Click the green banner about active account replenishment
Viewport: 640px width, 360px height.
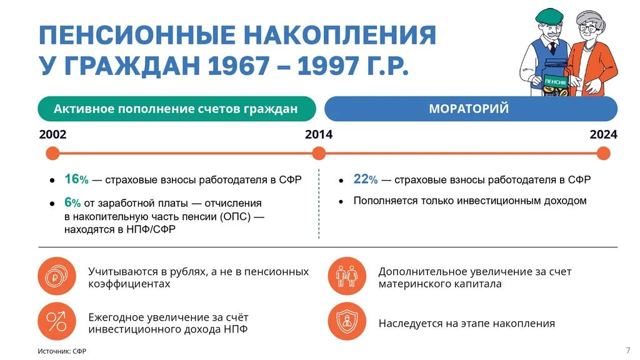click(x=176, y=109)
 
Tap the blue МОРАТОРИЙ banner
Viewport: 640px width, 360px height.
click(x=470, y=109)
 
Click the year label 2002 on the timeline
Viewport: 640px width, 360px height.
click(x=52, y=134)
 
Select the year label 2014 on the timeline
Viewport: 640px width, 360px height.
click(x=319, y=134)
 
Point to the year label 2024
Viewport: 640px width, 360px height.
click(x=603, y=134)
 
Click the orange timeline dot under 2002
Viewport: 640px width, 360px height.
click(x=52, y=153)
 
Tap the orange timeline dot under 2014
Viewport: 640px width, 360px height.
click(x=319, y=153)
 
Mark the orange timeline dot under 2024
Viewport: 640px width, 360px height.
click(x=603, y=153)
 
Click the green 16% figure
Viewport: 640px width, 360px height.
click(x=76, y=179)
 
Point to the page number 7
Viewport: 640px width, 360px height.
click(x=627, y=349)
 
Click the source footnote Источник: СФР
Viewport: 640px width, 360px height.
click(x=62, y=351)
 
